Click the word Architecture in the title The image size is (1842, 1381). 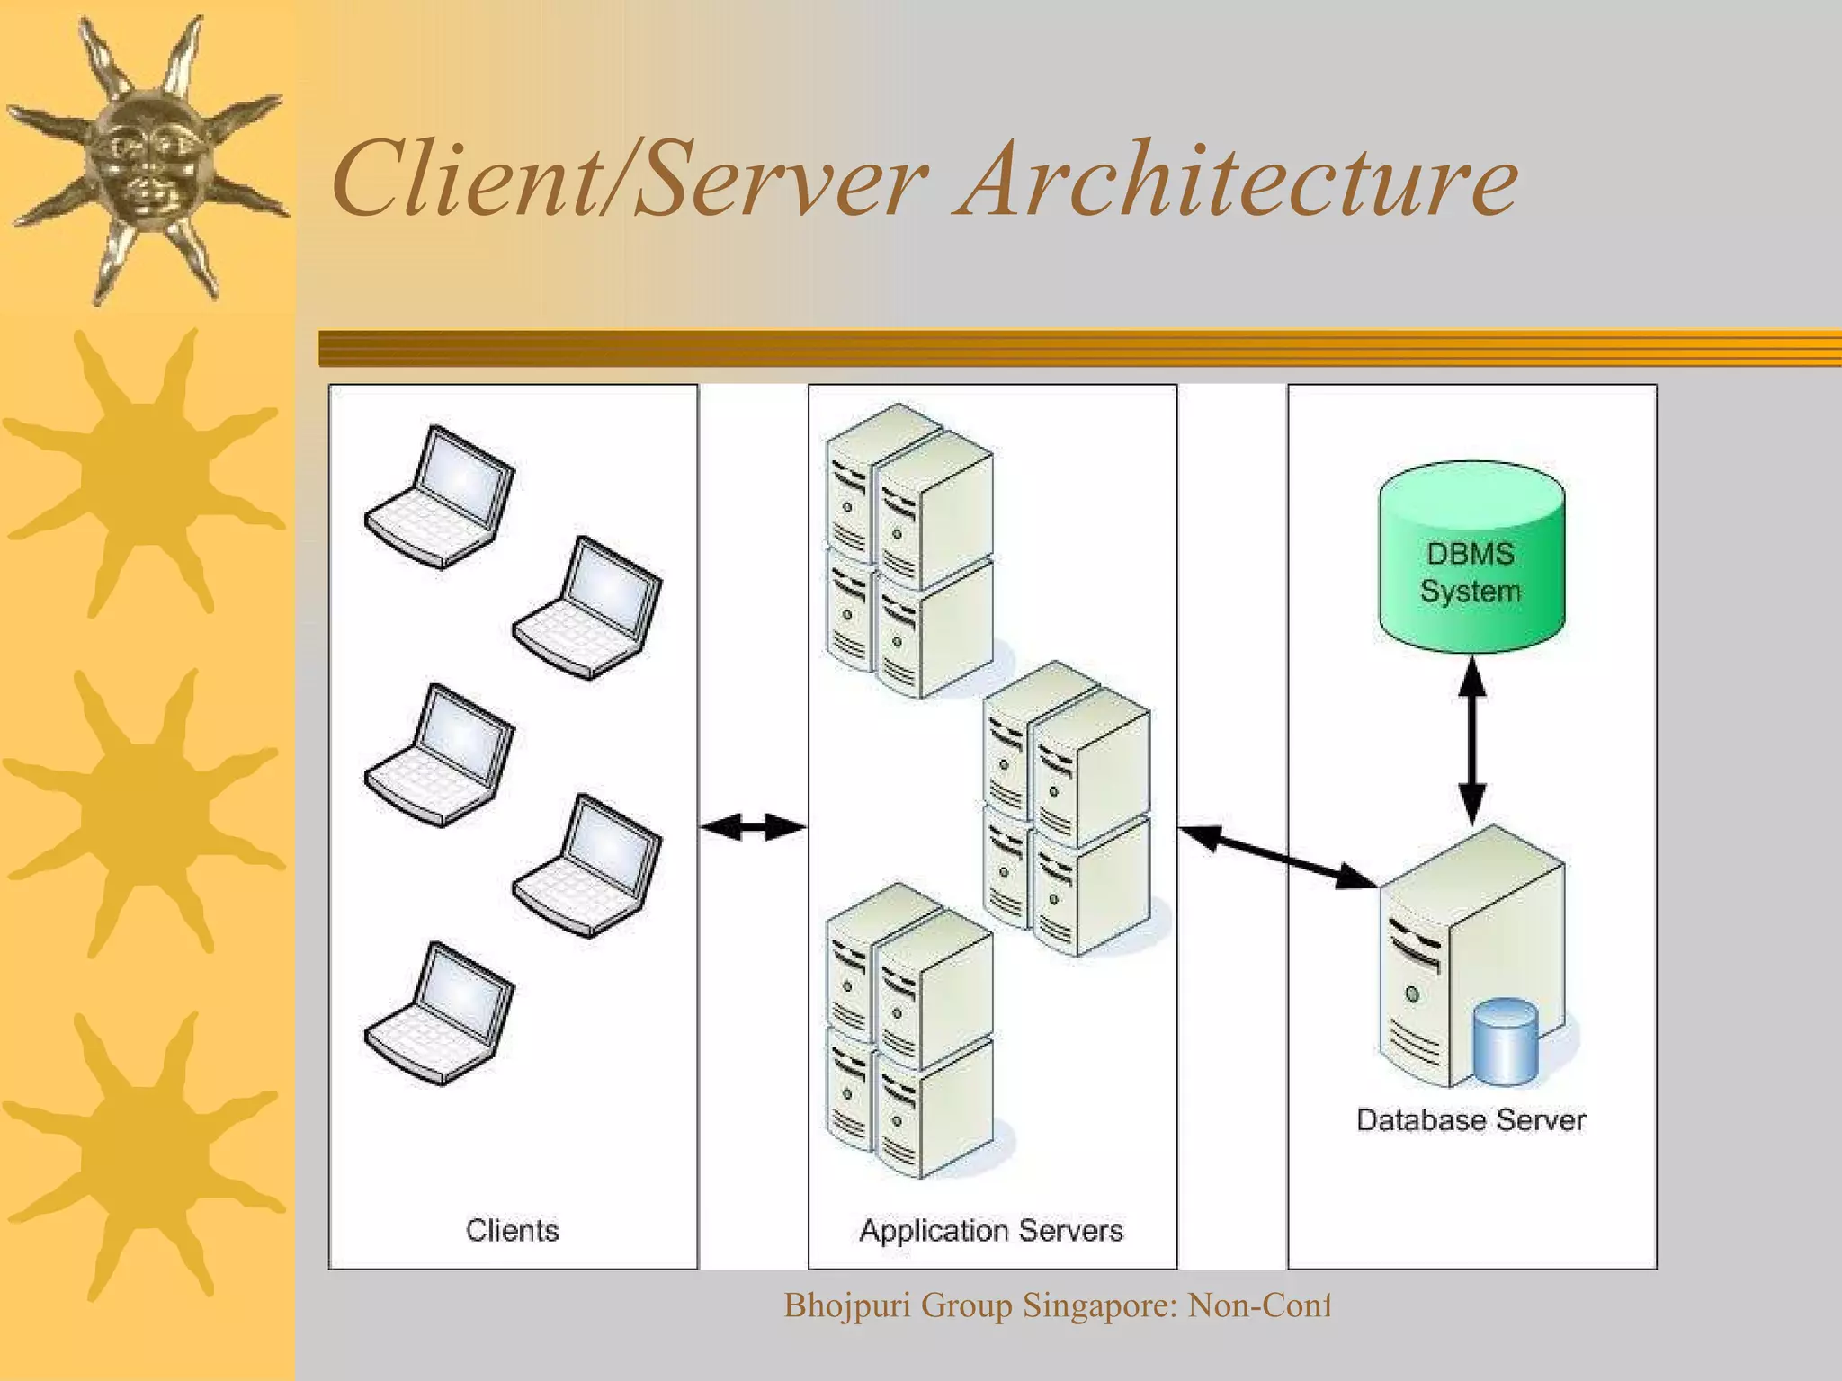click(x=1239, y=180)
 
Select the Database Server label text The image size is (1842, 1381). click(x=1471, y=1120)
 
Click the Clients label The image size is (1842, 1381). click(x=512, y=1230)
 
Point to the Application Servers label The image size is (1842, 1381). click(x=991, y=1230)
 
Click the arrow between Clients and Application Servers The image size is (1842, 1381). click(x=753, y=827)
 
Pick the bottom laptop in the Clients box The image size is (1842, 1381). click(x=440, y=1013)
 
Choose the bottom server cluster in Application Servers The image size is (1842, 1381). click(x=908, y=1030)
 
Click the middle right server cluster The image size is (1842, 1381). click(x=1066, y=809)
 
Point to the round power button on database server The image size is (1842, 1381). click(x=1412, y=994)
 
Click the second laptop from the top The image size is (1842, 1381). click(x=587, y=608)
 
